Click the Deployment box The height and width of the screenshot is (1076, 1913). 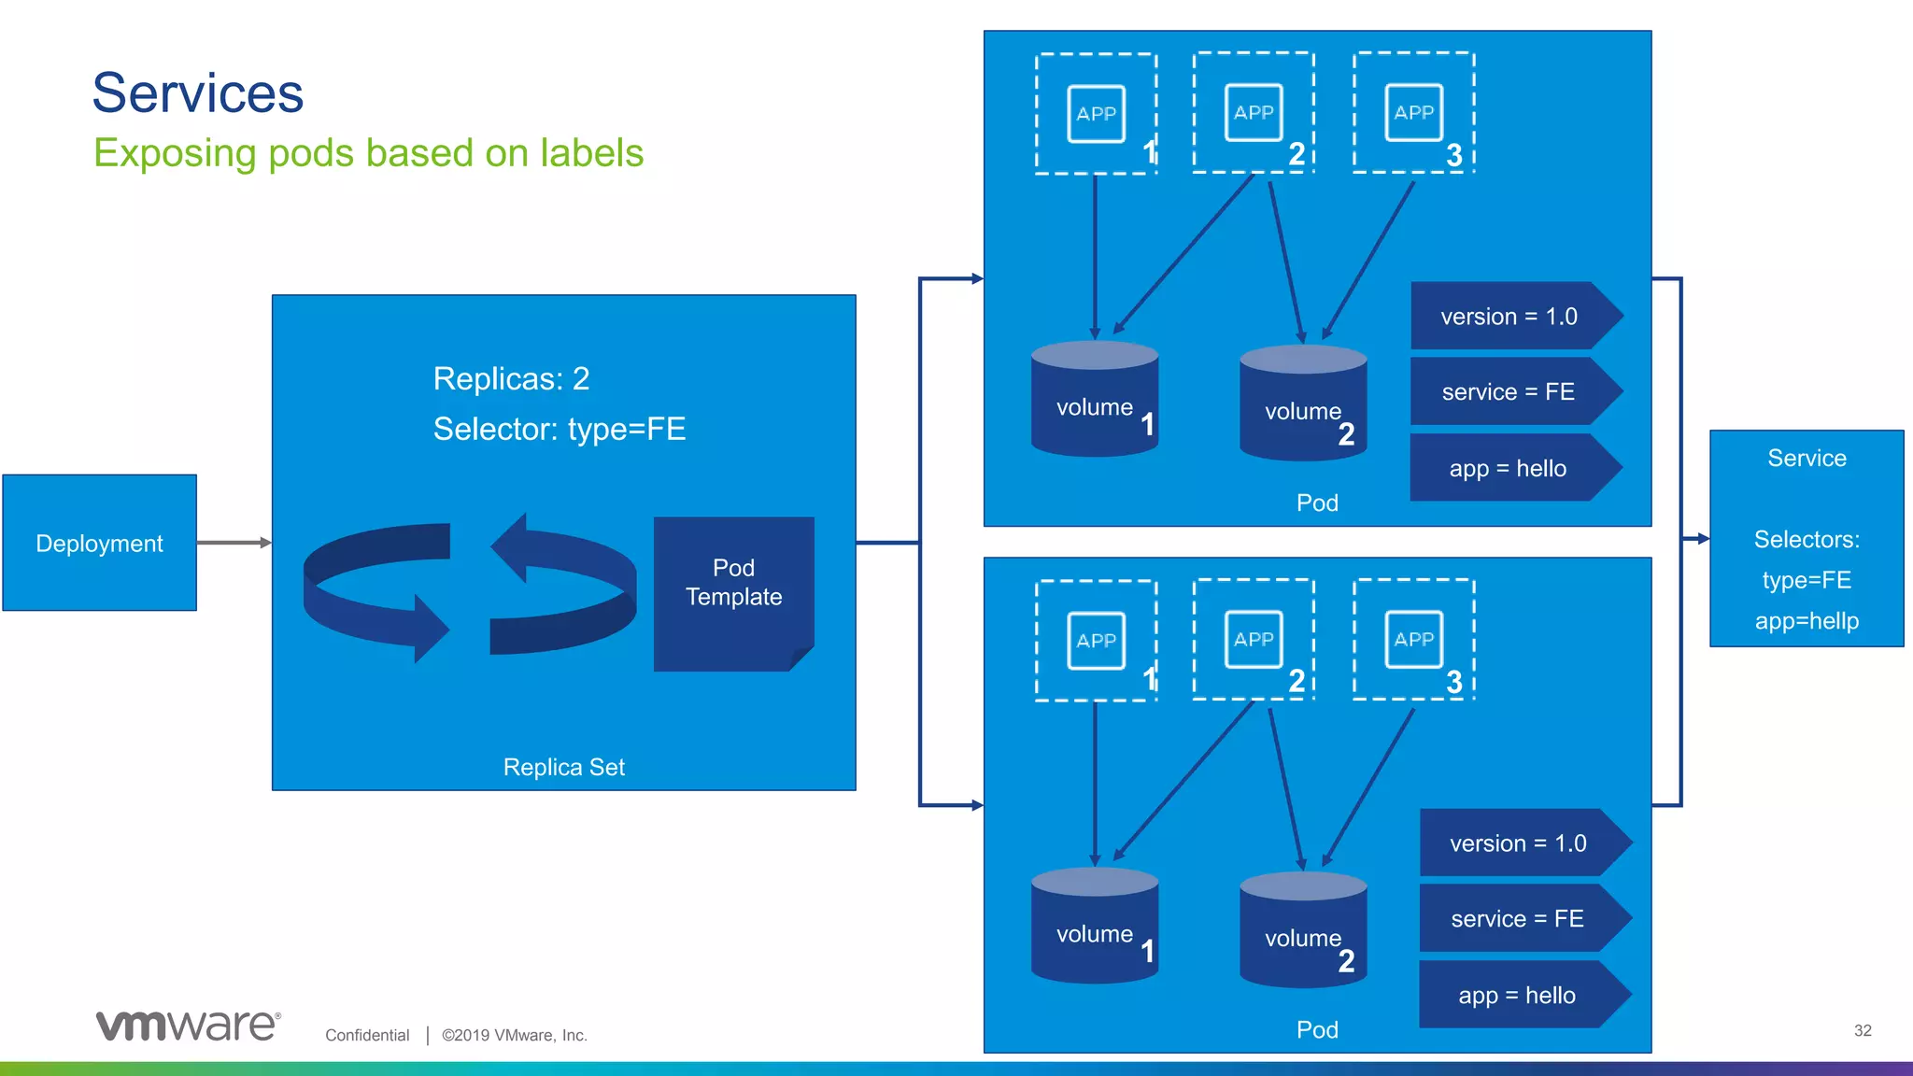point(99,543)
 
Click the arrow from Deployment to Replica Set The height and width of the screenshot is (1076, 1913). point(234,543)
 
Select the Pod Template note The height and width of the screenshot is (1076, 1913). point(733,592)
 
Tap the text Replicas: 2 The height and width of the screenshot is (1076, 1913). point(511,378)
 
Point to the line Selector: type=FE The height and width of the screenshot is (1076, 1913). point(559,429)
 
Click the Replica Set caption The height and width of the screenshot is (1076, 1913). point(563,767)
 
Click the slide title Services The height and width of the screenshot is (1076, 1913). point(198,92)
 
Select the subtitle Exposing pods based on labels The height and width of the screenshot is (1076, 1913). point(368,153)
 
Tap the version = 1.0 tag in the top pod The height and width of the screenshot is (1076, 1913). point(1509,317)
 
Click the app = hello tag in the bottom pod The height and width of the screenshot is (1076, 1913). point(1517,996)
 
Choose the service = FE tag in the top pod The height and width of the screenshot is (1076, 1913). point(1509,392)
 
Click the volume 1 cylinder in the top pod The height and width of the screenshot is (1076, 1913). point(1095,402)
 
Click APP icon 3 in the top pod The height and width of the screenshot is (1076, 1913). point(1413,113)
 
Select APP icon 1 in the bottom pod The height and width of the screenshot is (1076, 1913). point(1096,641)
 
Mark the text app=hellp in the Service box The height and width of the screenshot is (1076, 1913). point(1807,621)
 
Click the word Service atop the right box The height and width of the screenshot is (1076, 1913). point(1807,459)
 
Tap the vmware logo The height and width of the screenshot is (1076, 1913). point(188,1026)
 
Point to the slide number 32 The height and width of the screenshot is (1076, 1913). point(1863,1030)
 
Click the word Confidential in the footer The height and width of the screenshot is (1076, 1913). point(367,1035)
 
